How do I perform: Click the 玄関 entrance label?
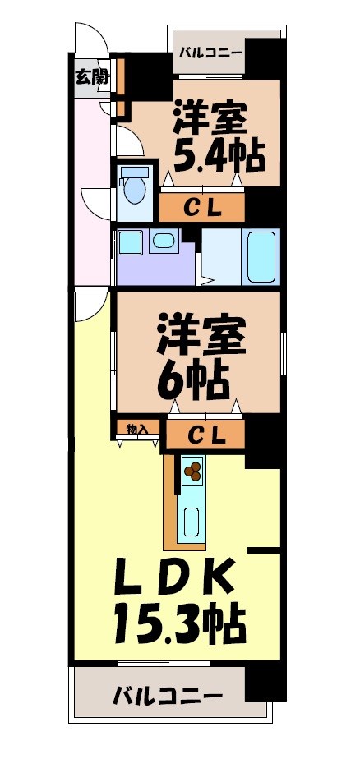(x=92, y=78)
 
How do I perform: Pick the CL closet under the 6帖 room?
(x=205, y=435)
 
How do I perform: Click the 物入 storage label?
(x=136, y=429)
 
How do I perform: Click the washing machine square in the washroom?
(x=129, y=242)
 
